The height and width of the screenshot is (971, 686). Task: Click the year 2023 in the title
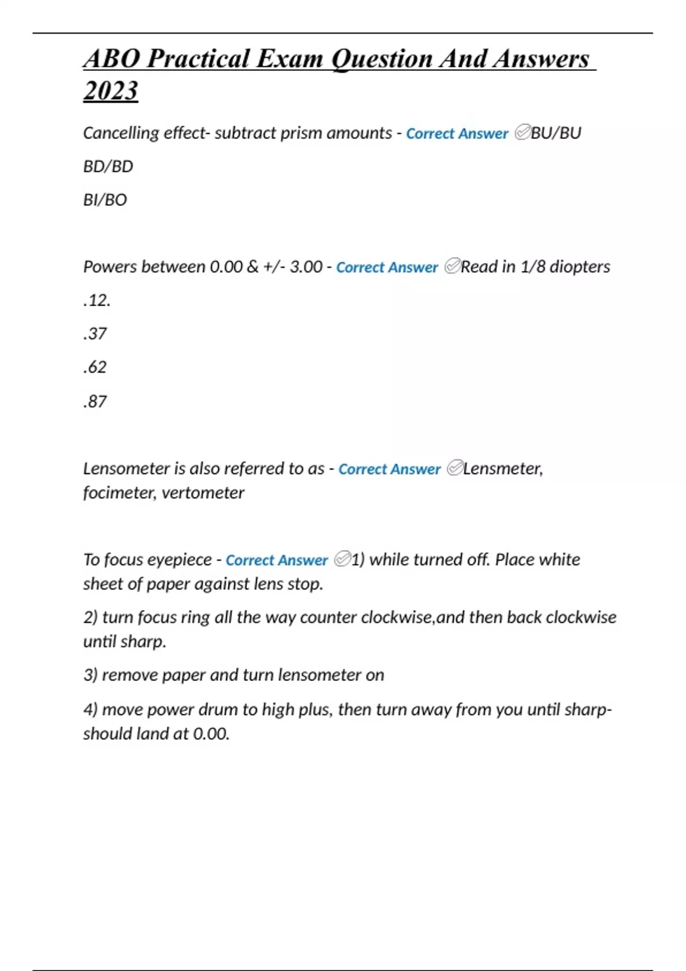pos(110,90)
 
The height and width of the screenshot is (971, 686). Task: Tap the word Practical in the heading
pos(198,59)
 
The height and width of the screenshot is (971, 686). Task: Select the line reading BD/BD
pos(108,166)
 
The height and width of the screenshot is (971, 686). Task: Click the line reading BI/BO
pos(105,200)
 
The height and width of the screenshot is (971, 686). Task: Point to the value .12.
pos(97,300)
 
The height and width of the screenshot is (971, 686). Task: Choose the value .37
pos(95,334)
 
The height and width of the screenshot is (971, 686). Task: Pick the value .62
pos(95,367)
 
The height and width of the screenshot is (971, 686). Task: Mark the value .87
pos(95,402)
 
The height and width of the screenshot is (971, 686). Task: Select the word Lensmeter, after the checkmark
pos(502,468)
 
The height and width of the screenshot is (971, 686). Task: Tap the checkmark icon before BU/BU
pos(522,133)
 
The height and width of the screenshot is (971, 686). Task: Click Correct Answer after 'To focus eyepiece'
pos(277,560)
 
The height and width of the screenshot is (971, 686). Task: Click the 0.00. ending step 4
pos(211,733)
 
